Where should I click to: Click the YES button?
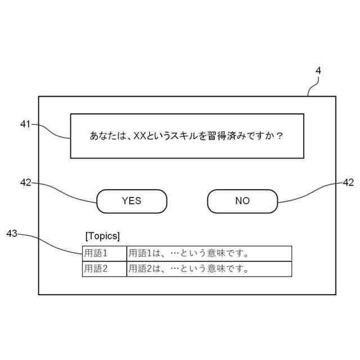[132, 201]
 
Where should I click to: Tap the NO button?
[242, 201]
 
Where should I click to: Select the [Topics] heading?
[102, 235]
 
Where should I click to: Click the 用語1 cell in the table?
[104, 253]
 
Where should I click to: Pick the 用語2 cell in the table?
[104, 269]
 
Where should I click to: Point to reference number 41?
[25, 124]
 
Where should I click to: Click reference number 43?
[12, 233]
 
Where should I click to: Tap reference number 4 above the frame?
[318, 71]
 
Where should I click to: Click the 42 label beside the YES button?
[25, 182]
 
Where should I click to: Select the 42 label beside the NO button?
[348, 182]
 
